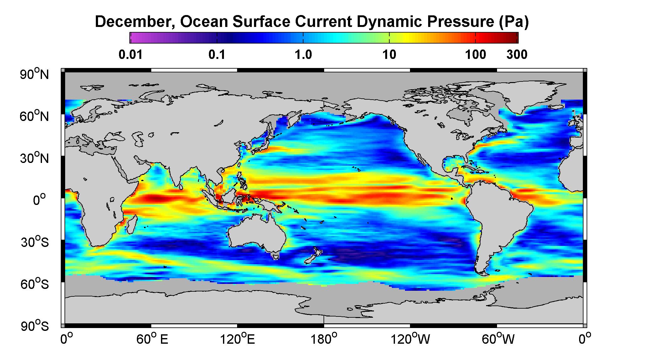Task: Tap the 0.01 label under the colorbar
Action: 131,55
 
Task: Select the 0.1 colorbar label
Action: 217,55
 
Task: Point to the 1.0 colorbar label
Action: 303,55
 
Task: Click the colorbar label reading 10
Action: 389,55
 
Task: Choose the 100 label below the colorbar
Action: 475,55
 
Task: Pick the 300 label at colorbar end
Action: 517,55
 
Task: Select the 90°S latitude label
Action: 35,326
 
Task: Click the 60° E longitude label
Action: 152,339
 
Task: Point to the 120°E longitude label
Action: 238,339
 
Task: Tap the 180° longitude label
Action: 324,339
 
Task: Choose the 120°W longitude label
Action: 410,339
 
